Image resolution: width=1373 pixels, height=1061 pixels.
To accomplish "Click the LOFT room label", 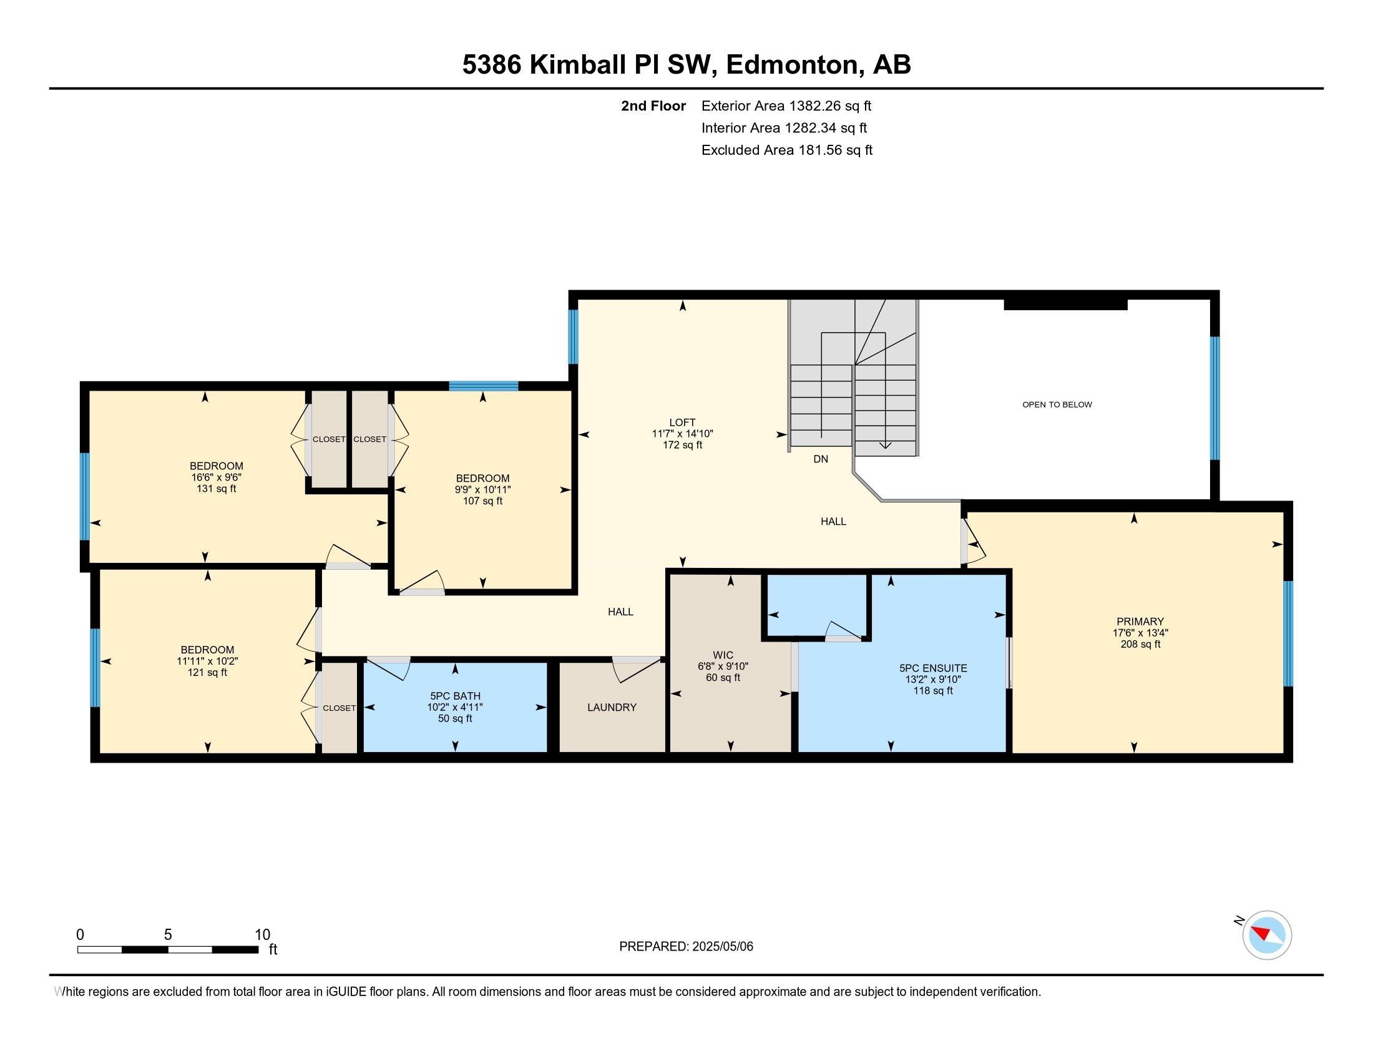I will tap(682, 423).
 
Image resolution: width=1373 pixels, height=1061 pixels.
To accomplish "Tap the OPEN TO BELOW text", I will tap(1057, 405).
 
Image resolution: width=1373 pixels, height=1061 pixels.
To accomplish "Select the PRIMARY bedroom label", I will tap(1140, 622).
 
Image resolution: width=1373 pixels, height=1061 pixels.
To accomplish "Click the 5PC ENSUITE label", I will tap(933, 668).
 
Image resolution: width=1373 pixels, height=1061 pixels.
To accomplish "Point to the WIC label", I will tap(723, 655).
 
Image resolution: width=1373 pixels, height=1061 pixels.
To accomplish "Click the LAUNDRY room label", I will tap(612, 707).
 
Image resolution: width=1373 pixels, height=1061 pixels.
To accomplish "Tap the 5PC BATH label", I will tap(455, 696).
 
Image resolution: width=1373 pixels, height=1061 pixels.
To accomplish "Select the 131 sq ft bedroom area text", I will tap(217, 489).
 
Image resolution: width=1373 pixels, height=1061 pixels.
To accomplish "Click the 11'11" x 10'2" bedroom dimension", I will tap(207, 661).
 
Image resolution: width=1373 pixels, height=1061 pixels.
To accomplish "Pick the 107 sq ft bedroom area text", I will tap(482, 501).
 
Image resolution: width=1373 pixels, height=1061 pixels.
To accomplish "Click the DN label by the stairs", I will tap(821, 459).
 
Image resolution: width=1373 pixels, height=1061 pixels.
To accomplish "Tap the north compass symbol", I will tap(1266, 935).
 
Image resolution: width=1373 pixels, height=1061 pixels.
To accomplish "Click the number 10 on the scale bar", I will tap(262, 934).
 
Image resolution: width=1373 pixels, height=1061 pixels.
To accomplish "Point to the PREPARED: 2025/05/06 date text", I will tap(686, 946).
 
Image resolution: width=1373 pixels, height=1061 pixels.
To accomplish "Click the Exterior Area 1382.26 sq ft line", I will tap(786, 105).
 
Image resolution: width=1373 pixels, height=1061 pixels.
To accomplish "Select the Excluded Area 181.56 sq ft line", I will tap(786, 150).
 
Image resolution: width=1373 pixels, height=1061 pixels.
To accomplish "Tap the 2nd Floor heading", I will tap(653, 105).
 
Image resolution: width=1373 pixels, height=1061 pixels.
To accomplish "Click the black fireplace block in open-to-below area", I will tap(1065, 305).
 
